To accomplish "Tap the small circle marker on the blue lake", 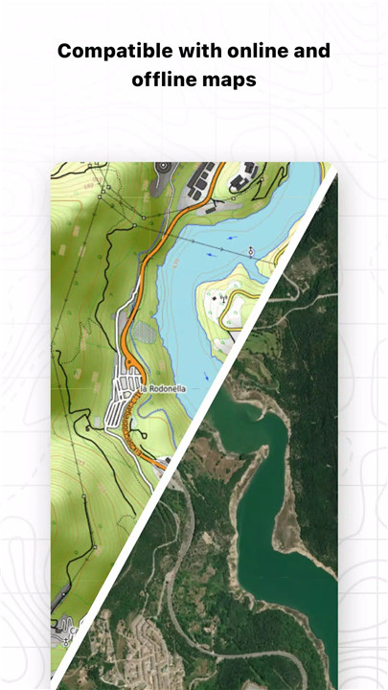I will [251, 251].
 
